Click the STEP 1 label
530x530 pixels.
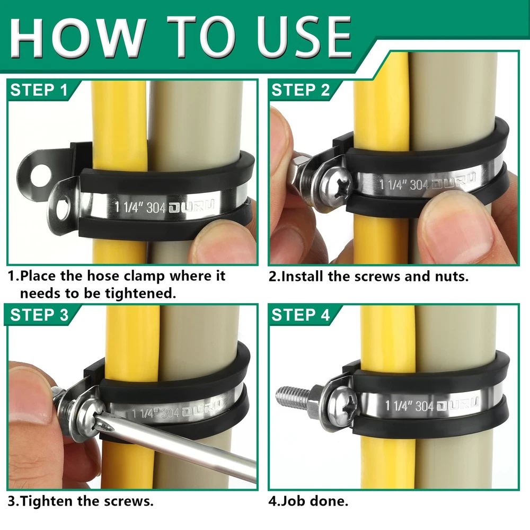[x=39, y=90]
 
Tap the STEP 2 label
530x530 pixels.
[x=301, y=90]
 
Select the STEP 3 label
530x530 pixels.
[x=39, y=315]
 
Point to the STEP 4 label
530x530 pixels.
[x=301, y=315]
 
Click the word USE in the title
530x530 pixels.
[x=304, y=38]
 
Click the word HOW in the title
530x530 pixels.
[x=78, y=38]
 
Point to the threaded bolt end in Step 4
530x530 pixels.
[x=293, y=395]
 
